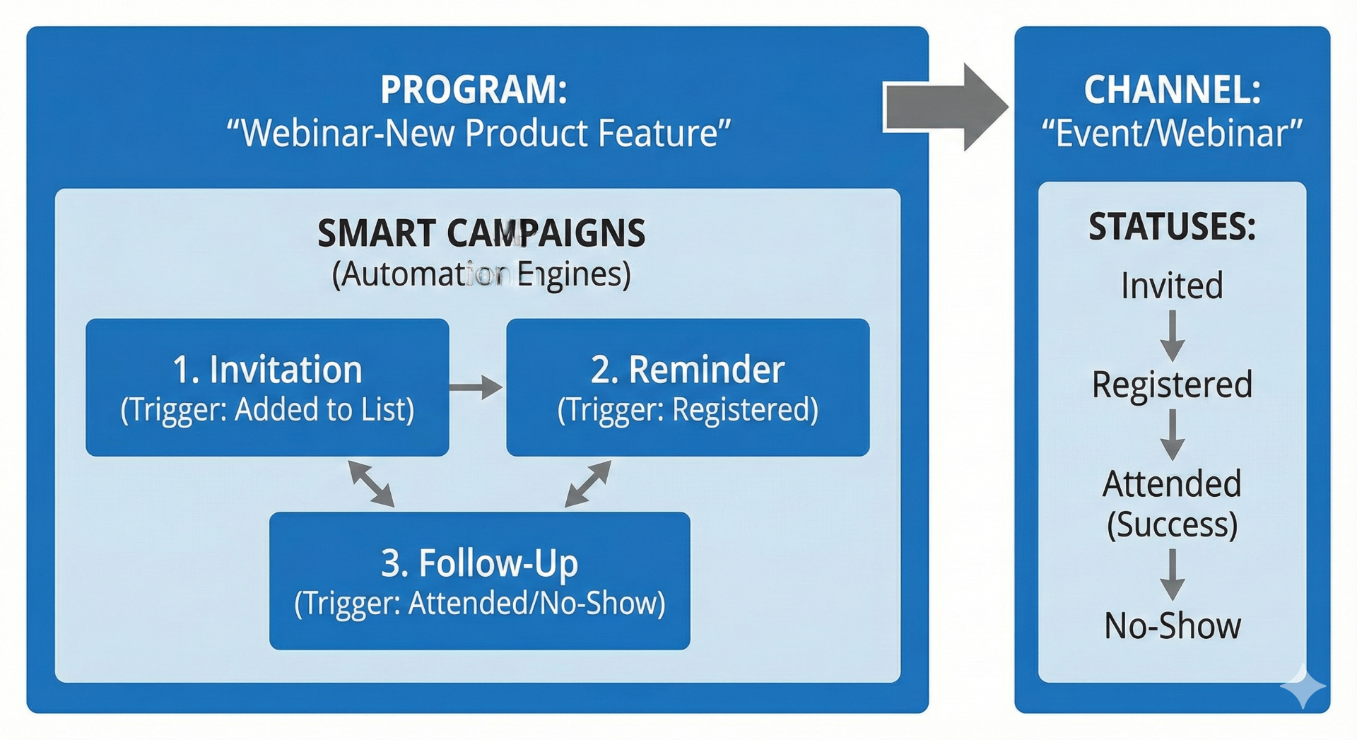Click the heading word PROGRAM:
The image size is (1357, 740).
click(x=474, y=90)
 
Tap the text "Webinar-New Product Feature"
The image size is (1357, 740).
click(x=478, y=133)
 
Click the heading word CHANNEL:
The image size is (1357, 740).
click(x=1172, y=90)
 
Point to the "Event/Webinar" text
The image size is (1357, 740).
click(x=1172, y=133)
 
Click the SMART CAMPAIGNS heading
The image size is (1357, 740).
click(x=481, y=233)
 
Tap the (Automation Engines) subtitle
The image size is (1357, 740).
click(x=481, y=274)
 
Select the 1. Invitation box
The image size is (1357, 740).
click(x=267, y=387)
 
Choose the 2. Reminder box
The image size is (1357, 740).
click(x=688, y=387)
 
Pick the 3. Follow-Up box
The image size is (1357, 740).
click(x=479, y=580)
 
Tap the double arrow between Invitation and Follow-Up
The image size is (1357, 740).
click(x=371, y=483)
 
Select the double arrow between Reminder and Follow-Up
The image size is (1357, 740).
click(x=588, y=483)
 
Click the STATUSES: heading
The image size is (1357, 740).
click(x=1172, y=227)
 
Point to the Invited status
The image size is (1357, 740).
click(x=1172, y=286)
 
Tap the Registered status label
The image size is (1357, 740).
click(x=1172, y=384)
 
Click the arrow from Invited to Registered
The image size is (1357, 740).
click(x=1172, y=335)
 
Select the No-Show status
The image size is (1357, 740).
click(x=1172, y=626)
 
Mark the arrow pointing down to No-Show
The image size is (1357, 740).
click(x=1172, y=574)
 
